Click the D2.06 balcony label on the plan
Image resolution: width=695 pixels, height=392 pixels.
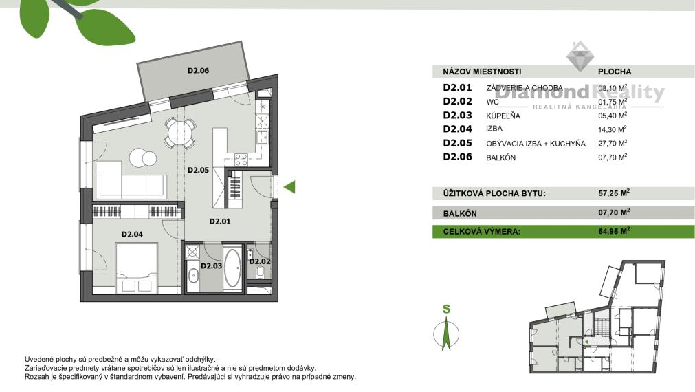pos(198,70)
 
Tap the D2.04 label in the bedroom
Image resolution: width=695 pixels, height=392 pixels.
pos(132,235)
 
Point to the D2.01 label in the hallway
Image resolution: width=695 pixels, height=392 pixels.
pos(220,221)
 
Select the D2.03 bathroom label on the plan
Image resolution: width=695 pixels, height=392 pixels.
pos(210,265)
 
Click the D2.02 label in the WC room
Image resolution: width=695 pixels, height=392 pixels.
pos(260,261)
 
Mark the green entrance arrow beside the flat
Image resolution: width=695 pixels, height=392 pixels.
pos(289,186)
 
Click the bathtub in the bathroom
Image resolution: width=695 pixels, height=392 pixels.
pos(232,268)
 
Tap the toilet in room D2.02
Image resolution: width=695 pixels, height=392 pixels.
pos(261,275)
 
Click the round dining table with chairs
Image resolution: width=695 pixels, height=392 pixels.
pos(179,131)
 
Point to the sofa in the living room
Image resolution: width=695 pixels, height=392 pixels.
pos(131,180)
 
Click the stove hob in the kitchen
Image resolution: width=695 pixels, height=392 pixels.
pos(241,160)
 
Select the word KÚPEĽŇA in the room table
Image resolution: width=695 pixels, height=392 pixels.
pos(503,116)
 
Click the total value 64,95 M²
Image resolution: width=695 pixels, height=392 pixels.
pos(614,232)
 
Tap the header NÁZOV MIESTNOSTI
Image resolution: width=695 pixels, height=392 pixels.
pos(482,72)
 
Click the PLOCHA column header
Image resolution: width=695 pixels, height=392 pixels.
pos(615,72)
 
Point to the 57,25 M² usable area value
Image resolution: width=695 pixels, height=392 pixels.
pos(614,194)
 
